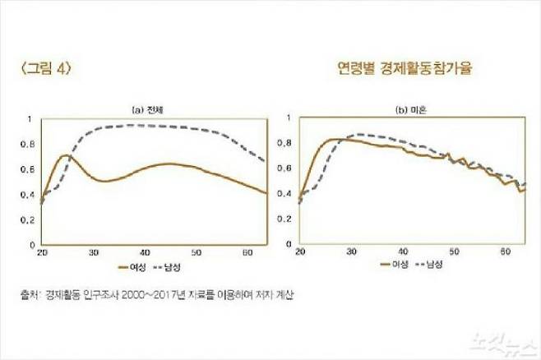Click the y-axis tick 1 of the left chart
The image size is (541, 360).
click(x=31, y=118)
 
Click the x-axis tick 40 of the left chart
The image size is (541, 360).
click(x=145, y=252)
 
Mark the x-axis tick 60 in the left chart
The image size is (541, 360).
click(x=247, y=252)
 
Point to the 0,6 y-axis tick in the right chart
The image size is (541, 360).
click(x=285, y=168)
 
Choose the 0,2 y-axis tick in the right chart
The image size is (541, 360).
click(x=285, y=219)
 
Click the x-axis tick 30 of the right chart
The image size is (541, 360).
click(x=352, y=251)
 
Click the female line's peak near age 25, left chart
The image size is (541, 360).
click(x=65, y=155)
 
